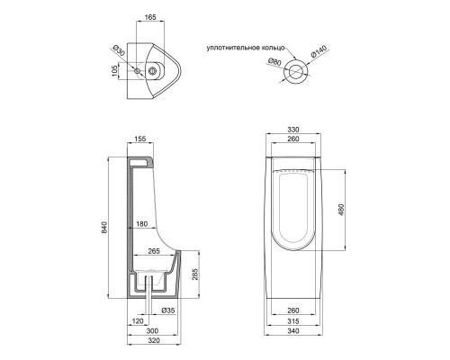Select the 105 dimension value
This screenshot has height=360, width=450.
[x=115, y=71]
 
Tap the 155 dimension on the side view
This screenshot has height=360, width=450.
[x=139, y=139]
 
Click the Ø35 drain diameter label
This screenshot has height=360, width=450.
[x=169, y=311]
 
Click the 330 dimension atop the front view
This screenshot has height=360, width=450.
[x=292, y=129]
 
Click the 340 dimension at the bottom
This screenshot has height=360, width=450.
[x=292, y=343]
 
